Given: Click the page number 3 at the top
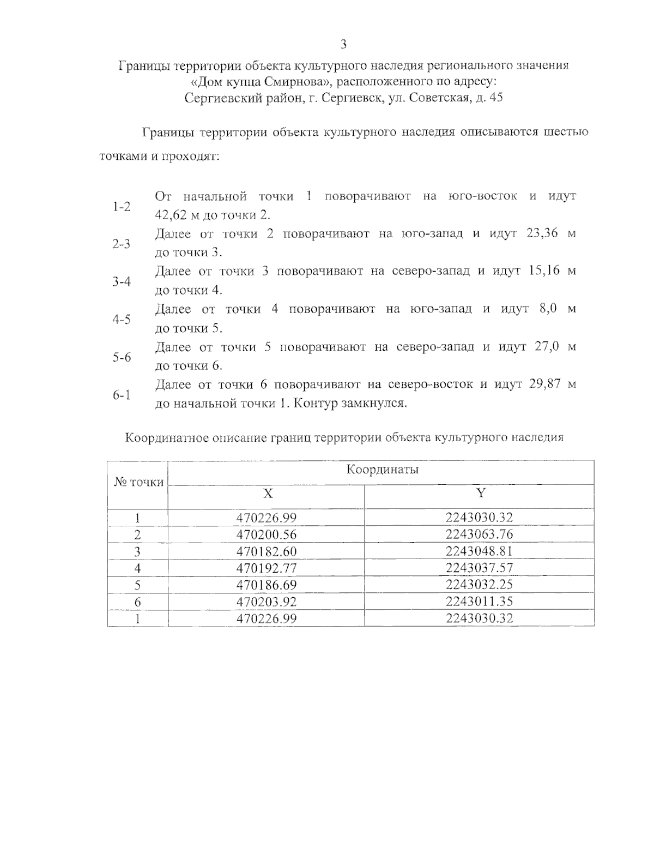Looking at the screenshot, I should pos(343,45).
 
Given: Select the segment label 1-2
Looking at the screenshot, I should pos(122,206).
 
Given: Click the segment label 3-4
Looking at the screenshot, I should pos(122,282).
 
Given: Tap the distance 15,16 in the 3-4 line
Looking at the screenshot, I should pos(544,271).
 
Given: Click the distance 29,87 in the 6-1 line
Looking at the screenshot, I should pos(545,384).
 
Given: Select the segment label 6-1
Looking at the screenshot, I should pos(122,395).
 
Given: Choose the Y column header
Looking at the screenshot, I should pos(480,494).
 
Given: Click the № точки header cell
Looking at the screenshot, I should pos(138,482).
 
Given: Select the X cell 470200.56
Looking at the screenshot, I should pos(267,534).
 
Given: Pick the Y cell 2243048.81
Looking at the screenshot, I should pos(479,551).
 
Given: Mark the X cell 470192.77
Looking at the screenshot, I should pos(267,568).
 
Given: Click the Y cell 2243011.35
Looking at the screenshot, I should pos(479,602).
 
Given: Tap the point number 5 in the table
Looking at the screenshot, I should pos(137,585).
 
